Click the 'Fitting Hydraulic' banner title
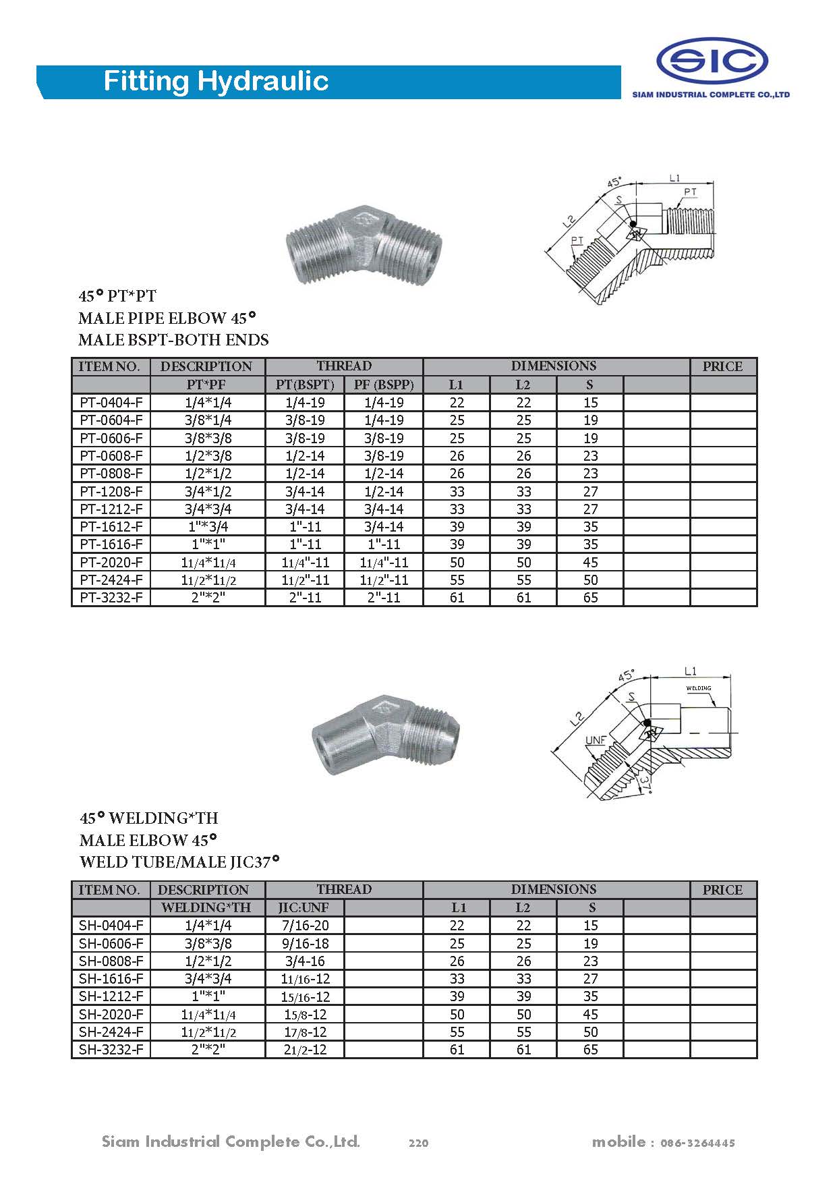click(216, 82)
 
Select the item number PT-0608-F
click(111, 456)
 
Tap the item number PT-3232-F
click(111, 598)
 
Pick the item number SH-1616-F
click(111, 979)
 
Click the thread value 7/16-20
click(306, 926)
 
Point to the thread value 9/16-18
click(306, 943)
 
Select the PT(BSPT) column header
click(305, 385)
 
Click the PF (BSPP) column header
click(384, 385)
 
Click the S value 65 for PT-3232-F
click(590, 598)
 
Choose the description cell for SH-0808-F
click(208, 961)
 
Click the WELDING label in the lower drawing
click(699, 689)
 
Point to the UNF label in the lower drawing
click(595, 740)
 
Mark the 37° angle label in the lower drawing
click(645, 783)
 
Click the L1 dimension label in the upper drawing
click(675, 177)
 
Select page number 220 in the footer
click(418, 1143)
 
